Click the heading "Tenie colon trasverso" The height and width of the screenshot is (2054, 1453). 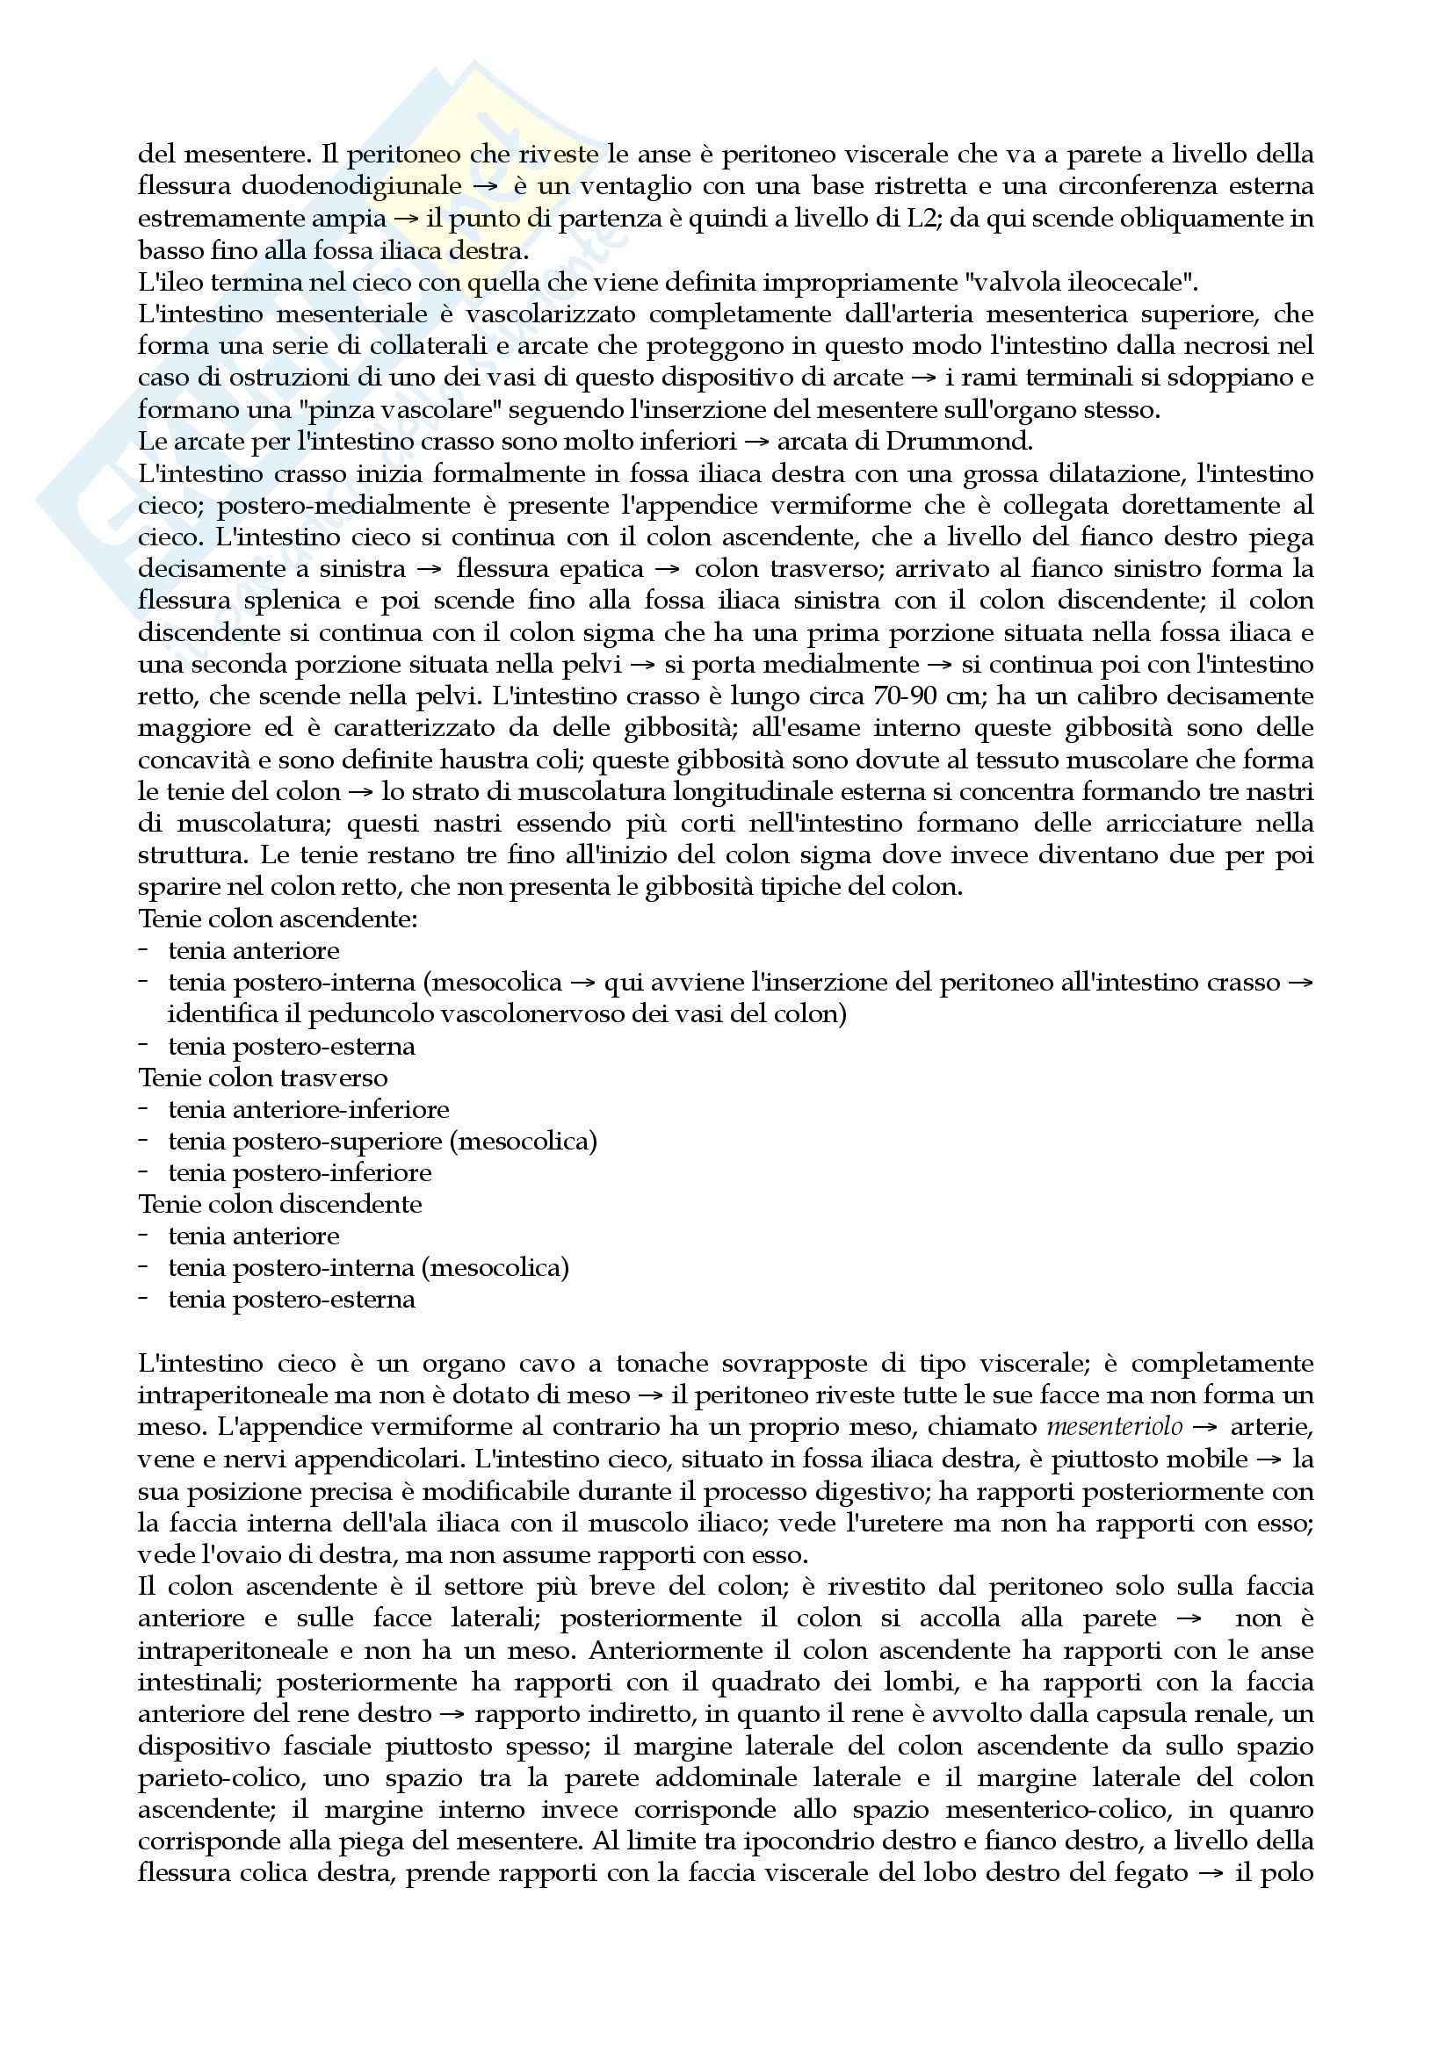click(263, 1078)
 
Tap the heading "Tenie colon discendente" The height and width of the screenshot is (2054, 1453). click(280, 1204)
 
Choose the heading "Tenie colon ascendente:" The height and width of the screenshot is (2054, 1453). click(278, 919)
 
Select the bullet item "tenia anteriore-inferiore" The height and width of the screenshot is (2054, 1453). click(308, 1109)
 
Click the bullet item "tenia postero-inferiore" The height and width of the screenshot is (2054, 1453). click(300, 1173)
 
